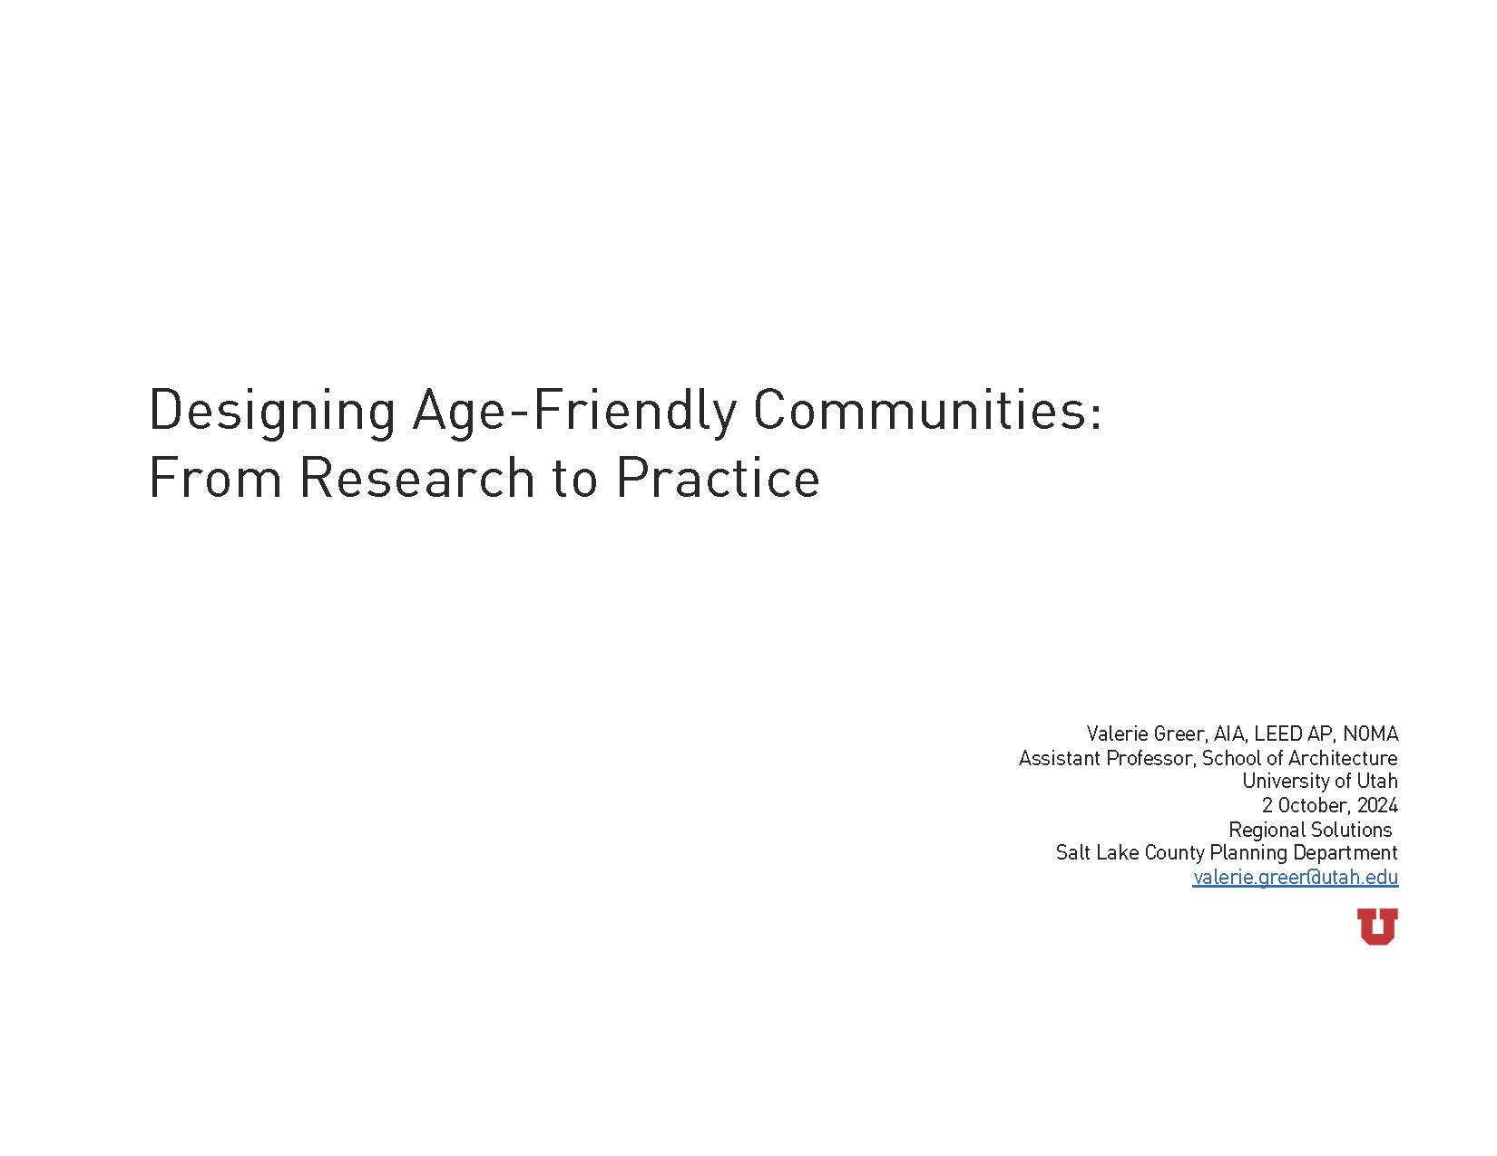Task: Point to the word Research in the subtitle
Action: (x=416, y=478)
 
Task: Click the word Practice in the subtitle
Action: (x=717, y=478)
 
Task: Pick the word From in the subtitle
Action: (x=215, y=478)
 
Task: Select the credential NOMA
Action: (x=1371, y=733)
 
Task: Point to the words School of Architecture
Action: (x=1300, y=758)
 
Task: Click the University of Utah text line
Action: (x=1320, y=782)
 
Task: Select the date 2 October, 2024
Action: (x=1329, y=805)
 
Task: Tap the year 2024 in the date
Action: (x=1377, y=805)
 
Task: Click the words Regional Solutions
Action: (x=1310, y=830)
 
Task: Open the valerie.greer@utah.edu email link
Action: (x=1296, y=877)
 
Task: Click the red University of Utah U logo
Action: (x=1377, y=926)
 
